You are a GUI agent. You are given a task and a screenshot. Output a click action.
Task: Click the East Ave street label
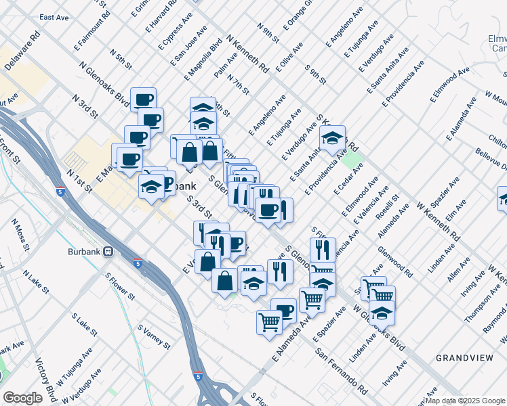(x=56, y=17)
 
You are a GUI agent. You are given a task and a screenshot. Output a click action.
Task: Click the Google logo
(x=22, y=398)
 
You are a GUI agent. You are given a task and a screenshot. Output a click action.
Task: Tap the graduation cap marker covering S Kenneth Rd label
(x=332, y=139)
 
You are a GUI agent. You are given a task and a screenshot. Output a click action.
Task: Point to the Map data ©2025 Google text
(x=466, y=401)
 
